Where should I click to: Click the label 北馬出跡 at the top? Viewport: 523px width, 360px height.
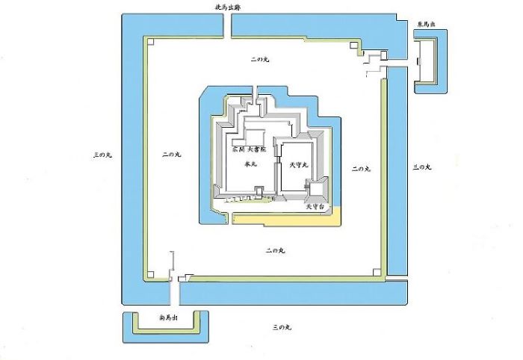pyautogui.click(x=226, y=7)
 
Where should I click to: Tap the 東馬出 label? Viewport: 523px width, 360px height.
pyautogui.click(x=427, y=25)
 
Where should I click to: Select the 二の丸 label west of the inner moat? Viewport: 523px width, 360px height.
pyautogui.click(x=170, y=155)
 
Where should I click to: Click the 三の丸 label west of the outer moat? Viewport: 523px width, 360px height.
pyautogui.click(x=102, y=155)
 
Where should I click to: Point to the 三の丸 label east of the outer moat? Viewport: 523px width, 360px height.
pyautogui.click(x=422, y=167)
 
